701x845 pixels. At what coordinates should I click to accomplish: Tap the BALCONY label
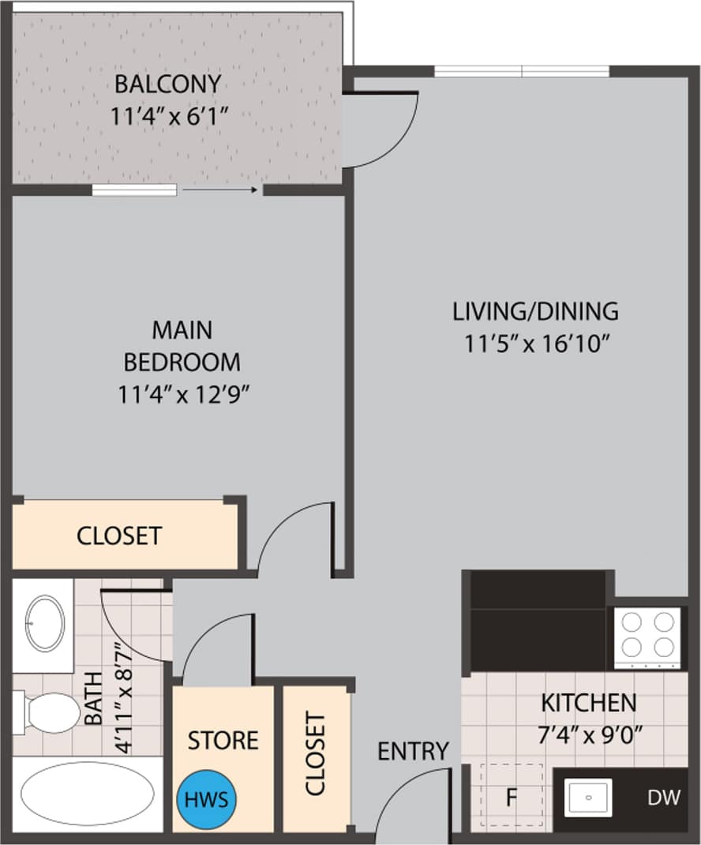point(167,83)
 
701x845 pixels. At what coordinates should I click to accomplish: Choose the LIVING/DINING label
point(535,311)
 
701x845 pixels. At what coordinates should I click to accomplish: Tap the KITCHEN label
point(588,701)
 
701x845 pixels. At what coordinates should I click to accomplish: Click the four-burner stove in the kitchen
point(647,637)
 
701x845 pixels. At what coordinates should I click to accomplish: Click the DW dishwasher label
point(663,798)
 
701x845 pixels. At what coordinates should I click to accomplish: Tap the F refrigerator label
point(511,798)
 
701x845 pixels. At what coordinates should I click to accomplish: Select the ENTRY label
point(413,750)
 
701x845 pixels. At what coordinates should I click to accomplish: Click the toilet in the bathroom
point(47,712)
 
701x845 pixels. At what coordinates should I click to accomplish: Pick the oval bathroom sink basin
point(45,623)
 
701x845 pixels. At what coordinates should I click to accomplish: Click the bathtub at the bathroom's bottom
point(76,793)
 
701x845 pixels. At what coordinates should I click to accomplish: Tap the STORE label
point(223,740)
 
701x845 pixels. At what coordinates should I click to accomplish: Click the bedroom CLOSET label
point(119,535)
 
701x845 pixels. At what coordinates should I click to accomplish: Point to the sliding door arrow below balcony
point(220,190)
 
